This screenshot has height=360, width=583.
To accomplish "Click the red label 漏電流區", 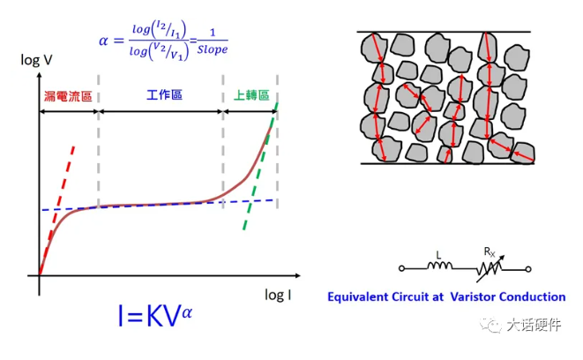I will (67, 94).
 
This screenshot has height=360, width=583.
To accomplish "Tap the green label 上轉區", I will (250, 94).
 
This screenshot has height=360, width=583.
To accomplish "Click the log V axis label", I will (38, 60).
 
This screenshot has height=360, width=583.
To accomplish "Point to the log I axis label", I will (280, 293).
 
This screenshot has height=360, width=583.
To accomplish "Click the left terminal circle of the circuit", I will (404, 266).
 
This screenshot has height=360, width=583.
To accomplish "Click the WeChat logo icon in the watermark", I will (489, 326).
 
